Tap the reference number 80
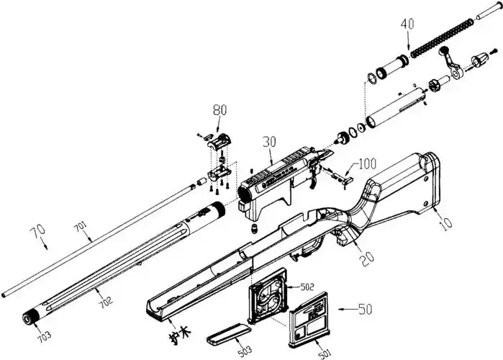click(x=219, y=110)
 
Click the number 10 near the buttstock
click(x=446, y=224)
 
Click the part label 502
click(x=307, y=287)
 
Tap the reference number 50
click(x=366, y=310)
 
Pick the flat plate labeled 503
click(x=229, y=333)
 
